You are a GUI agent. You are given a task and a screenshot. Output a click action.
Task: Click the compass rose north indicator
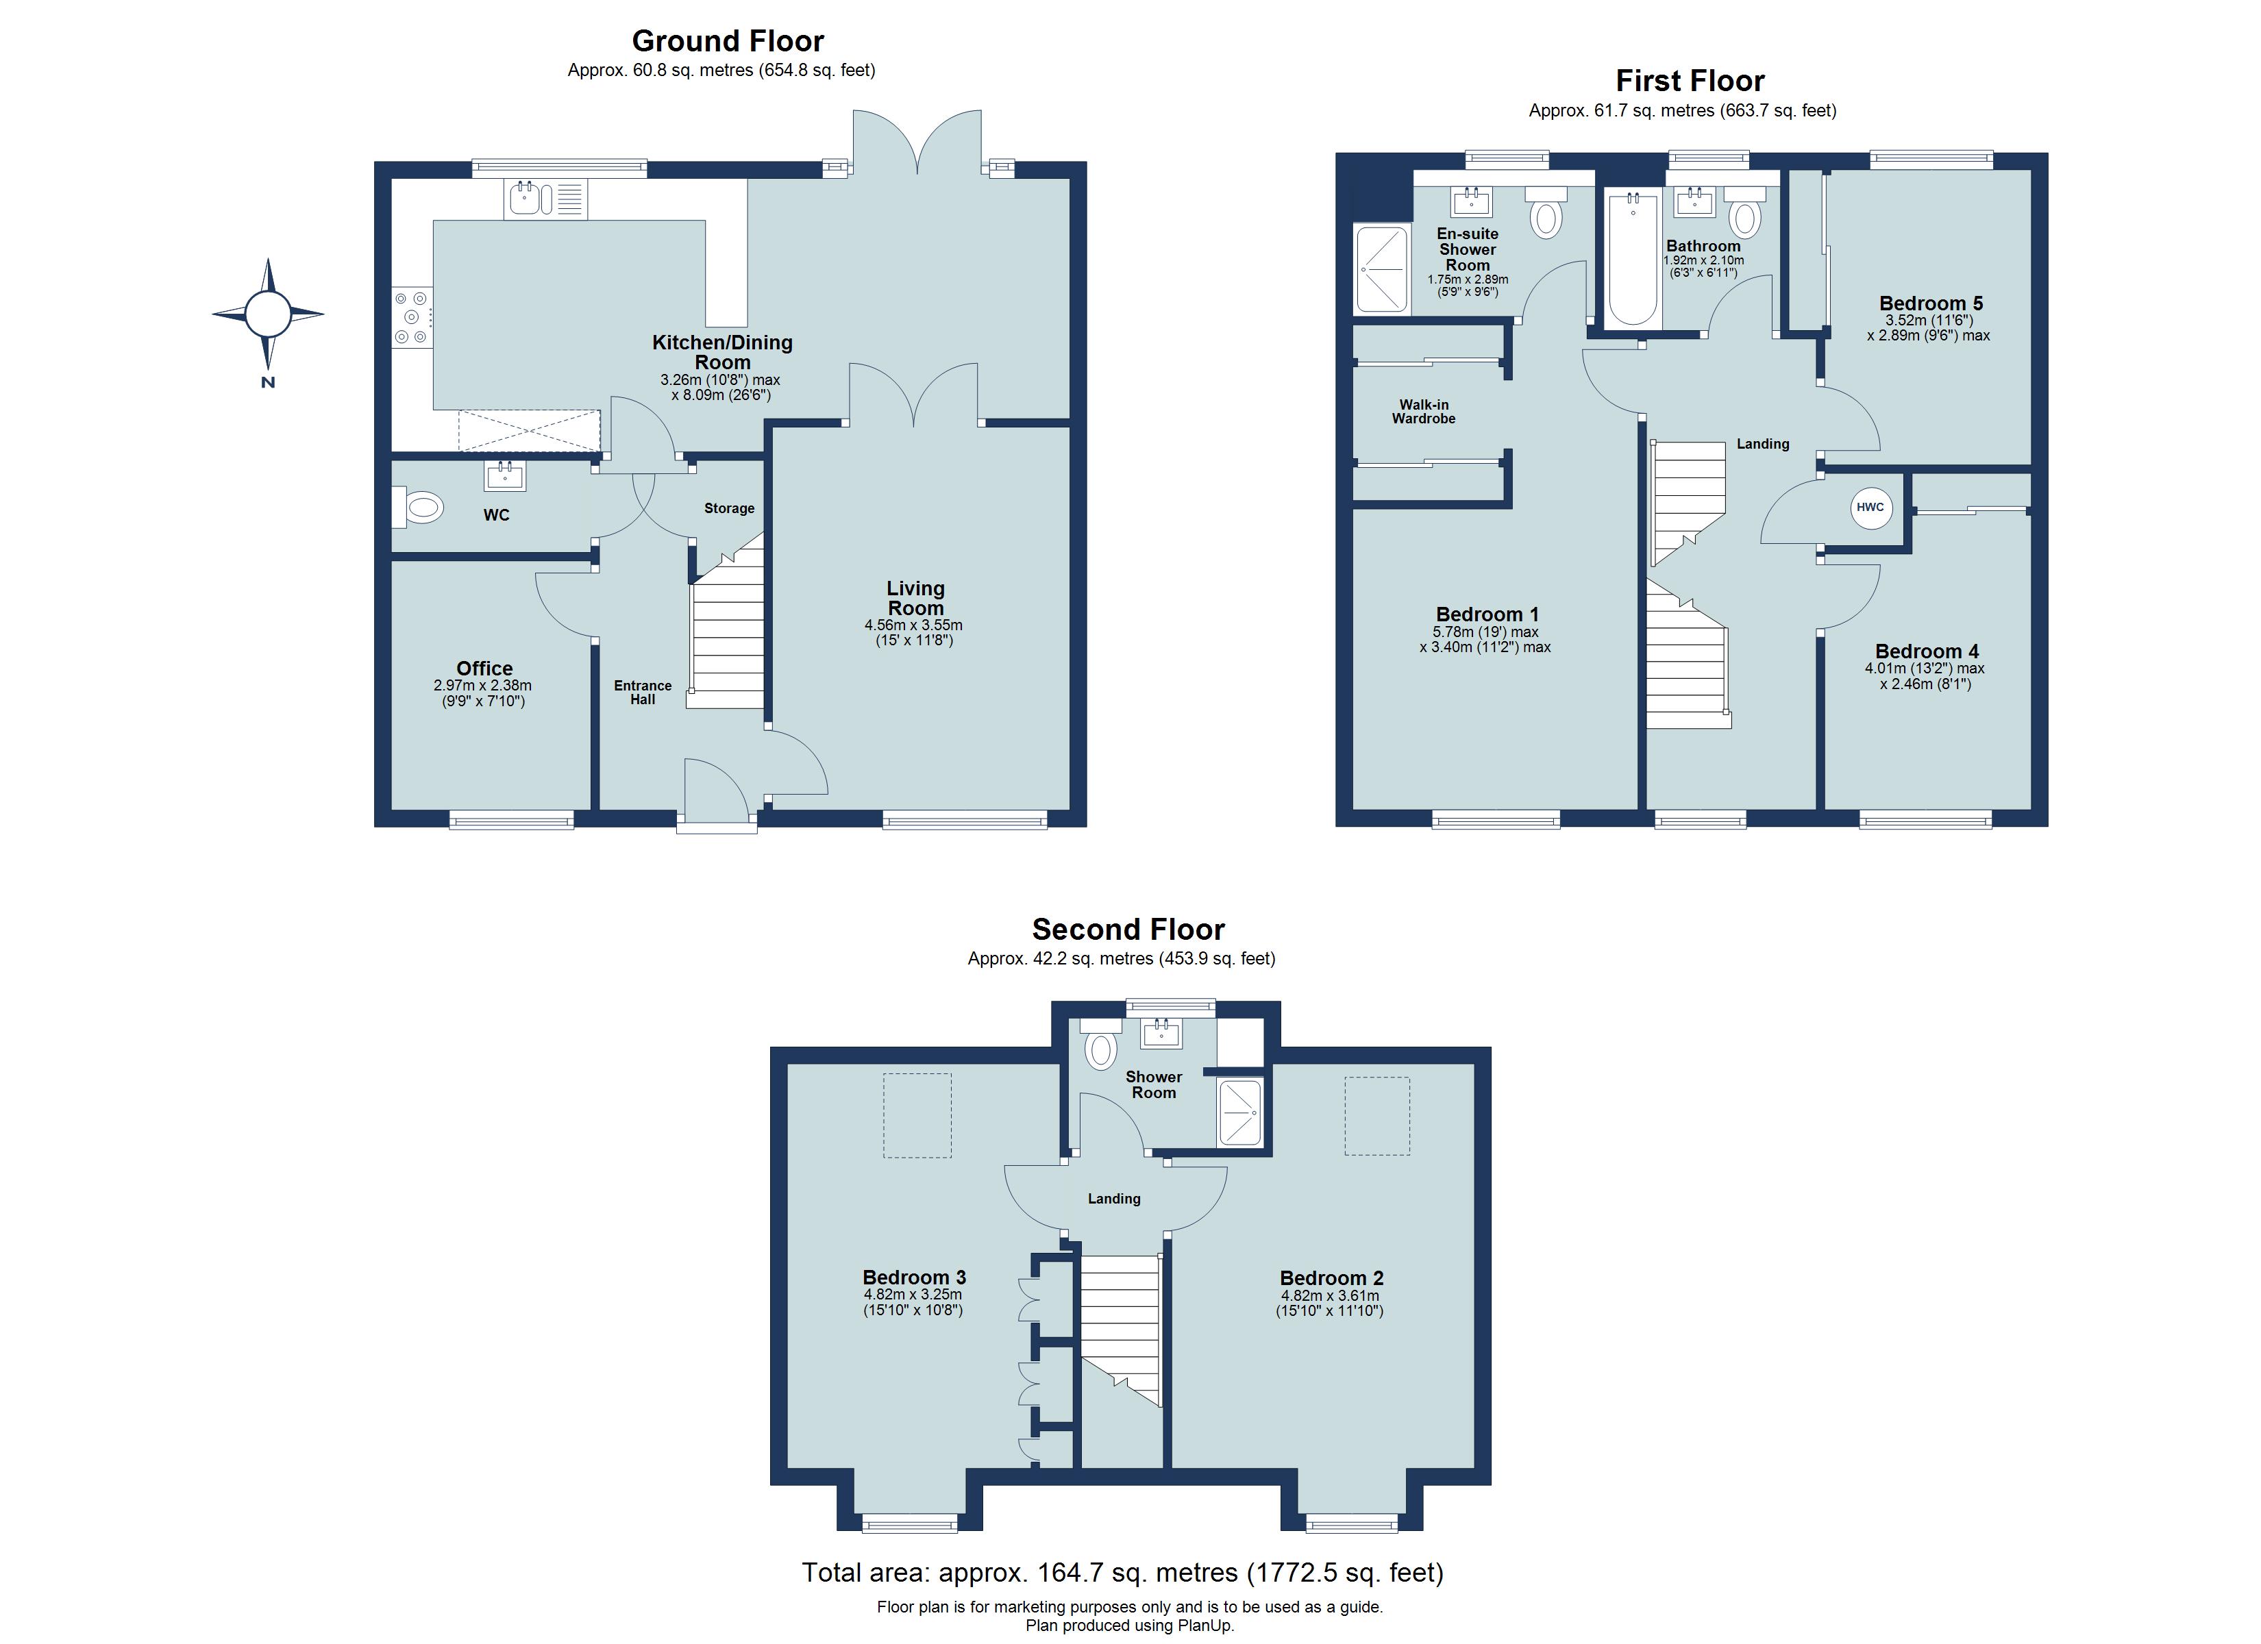tap(267, 315)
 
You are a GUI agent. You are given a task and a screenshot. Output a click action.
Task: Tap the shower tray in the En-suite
tap(1381, 269)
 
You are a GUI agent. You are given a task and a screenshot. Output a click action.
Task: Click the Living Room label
tap(915, 598)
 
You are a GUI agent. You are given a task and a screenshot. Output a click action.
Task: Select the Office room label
tap(484, 668)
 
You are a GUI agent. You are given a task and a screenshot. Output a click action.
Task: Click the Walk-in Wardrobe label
tap(1424, 412)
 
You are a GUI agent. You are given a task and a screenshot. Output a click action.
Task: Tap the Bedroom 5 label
tap(1930, 303)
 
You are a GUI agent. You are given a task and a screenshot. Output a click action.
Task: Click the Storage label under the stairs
tap(729, 508)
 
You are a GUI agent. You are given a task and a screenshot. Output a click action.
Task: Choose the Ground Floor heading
tap(728, 41)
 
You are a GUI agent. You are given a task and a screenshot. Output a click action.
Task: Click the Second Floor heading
tap(1128, 929)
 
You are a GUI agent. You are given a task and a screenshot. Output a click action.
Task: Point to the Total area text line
tap(1122, 1572)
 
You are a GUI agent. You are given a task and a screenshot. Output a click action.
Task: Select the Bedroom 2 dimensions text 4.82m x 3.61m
tap(1330, 1296)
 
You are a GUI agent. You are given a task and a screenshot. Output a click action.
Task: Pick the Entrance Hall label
tap(642, 692)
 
